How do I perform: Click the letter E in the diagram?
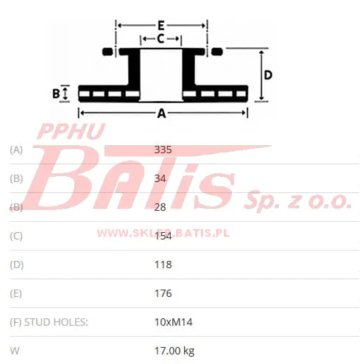[161, 25]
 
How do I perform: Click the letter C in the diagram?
[160, 39]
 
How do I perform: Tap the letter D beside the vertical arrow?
[268, 75]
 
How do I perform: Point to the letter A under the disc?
[161, 113]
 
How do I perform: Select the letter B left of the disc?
[56, 94]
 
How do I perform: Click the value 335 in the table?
[163, 150]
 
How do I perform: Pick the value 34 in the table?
[160, 178]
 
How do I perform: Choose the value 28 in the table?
[160, 207]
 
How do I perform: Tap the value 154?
[163, 236]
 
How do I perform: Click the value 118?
[163, 265]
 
